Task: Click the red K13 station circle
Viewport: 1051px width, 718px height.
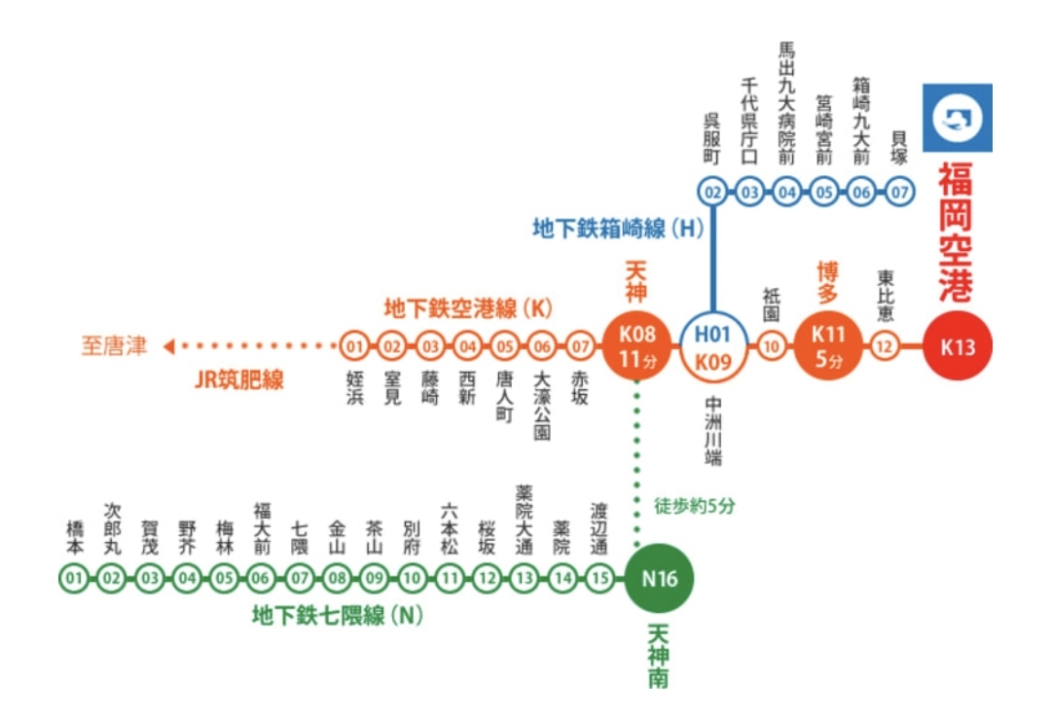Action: coord(959,346)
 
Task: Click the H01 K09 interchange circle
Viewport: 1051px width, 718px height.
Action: coord(712,346)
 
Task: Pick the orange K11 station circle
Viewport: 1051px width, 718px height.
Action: coord(828,346)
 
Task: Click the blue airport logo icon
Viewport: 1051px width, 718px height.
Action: coord(958,118)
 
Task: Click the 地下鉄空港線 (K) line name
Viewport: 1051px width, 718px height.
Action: coord(468,309)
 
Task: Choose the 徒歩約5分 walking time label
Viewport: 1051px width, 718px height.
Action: coord(696,507)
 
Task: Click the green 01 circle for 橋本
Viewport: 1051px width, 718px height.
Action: coord(73,580)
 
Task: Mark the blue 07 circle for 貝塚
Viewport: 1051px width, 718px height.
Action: coord(900,192)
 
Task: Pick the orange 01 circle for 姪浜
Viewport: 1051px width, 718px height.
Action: coord(355,345)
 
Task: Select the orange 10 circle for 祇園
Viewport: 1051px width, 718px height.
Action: coord(773,346)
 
